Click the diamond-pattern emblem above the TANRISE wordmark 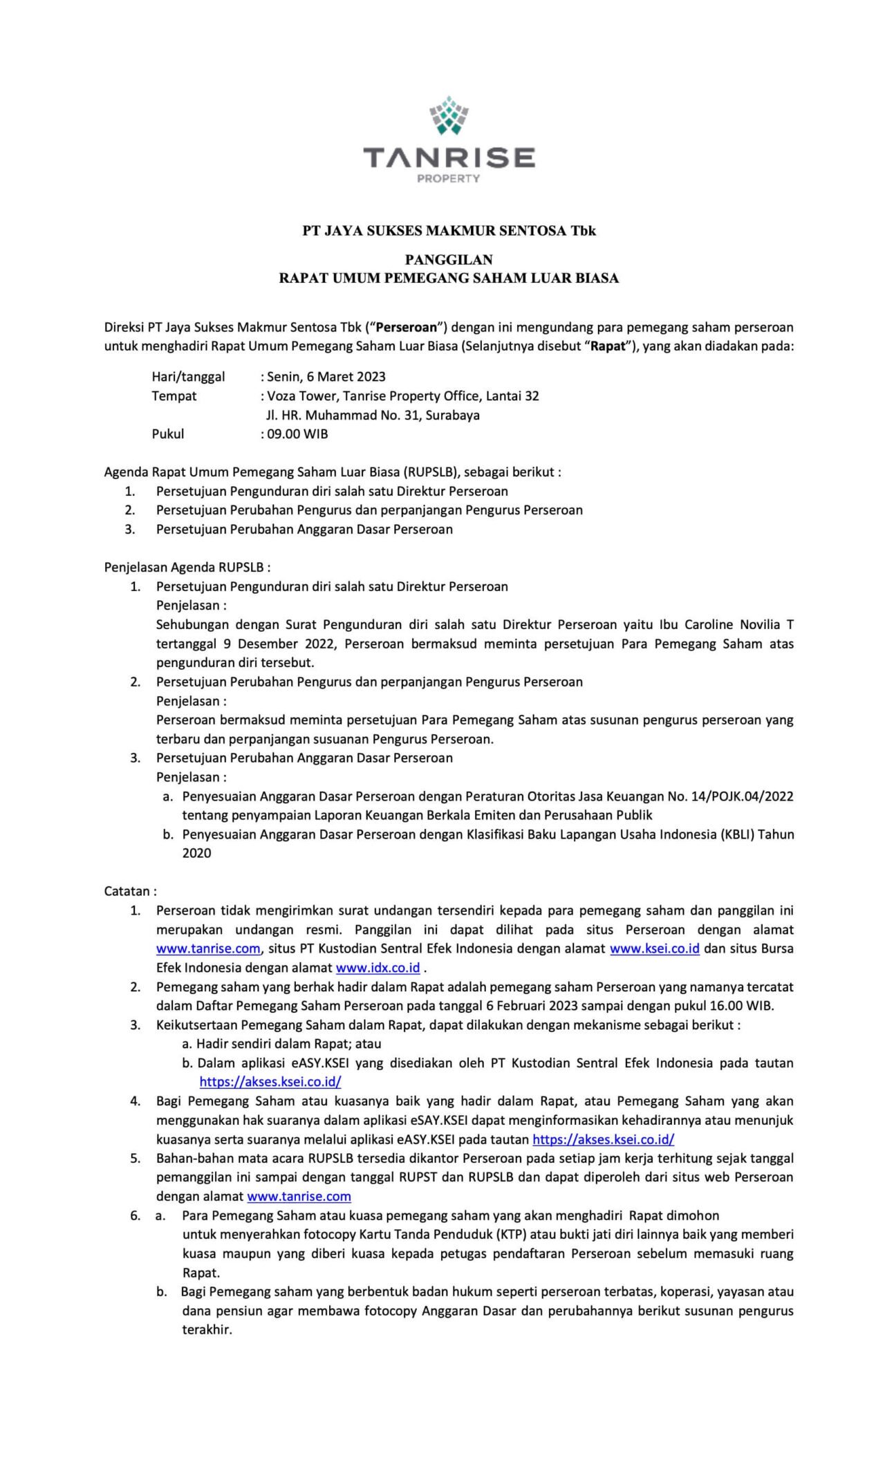click(x=449, y=115)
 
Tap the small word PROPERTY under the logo click(x=448, y=178)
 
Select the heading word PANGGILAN click(x=449, y=260)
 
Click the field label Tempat click(x=174, y=396)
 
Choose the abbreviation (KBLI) click(x=736, y=834)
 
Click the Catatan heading click(x=130, y=891)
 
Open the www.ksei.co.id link click(x=654, y=949)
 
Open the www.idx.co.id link click(x=378, y=968)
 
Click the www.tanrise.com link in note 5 click(x=299, y=1197)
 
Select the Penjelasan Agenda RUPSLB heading click(x=187, y=568)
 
